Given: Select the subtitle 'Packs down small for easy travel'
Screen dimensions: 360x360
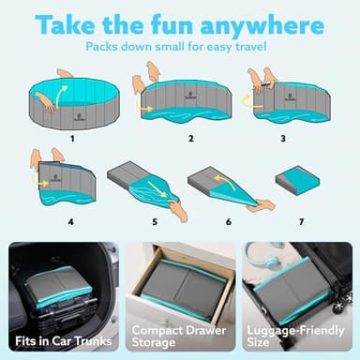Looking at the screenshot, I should [x=179, y=45].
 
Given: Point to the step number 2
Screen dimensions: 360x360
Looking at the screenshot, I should [x=190, y=138].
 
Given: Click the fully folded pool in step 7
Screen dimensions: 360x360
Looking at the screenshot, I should [x=301, y=179].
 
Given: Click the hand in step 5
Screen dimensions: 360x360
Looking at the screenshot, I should [x=178, y=211].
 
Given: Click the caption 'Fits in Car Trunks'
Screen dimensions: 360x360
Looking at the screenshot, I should [x=60, y=337].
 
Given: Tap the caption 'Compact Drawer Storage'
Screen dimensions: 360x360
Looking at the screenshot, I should [x=179, y=337].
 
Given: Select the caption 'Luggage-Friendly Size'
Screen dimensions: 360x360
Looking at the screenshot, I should [x=298, y=337].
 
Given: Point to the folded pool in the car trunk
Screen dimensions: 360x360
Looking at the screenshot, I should [x=58, y=282].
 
